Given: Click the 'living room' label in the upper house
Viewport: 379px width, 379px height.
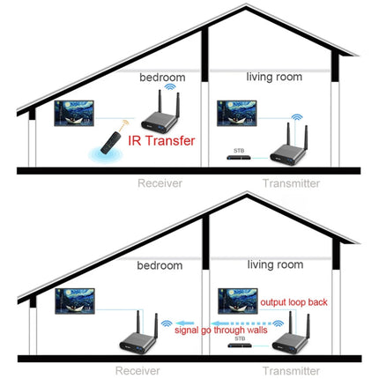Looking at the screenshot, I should click(x=272, y=78).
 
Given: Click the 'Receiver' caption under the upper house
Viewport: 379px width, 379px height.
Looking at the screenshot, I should click(x=159, y=184).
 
